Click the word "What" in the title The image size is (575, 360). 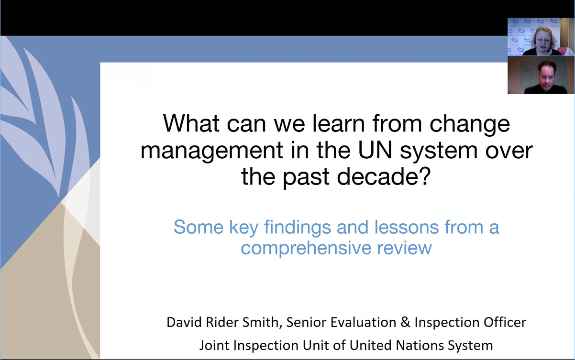(191, 123)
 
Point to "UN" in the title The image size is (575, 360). (375, 150)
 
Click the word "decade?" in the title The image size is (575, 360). (384, 176)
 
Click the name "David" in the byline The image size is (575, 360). (184, 322)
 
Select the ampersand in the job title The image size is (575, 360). (405, 322)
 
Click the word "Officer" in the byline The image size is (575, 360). (505, 322)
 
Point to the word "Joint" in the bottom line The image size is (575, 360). (214, 345)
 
